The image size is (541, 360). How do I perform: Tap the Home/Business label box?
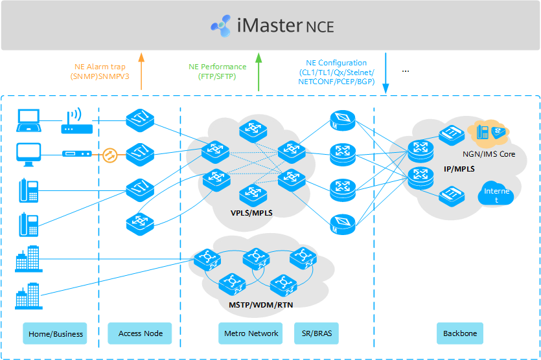pyautogui.click(x=56, y=333)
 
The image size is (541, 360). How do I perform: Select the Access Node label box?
pyautogui.click(x=139, y=333)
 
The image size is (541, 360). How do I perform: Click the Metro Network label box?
pyautogui.click(x=251, y=333)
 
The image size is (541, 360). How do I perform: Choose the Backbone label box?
pyautogui.click(x=459, y=333)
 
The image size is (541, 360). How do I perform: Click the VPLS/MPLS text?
pyautogui.click(x=251, y=212)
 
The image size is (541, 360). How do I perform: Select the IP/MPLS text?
pyautogui.click(x=457, y=168)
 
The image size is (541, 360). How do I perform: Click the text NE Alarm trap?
pyautogui.click(x=100, y=67)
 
